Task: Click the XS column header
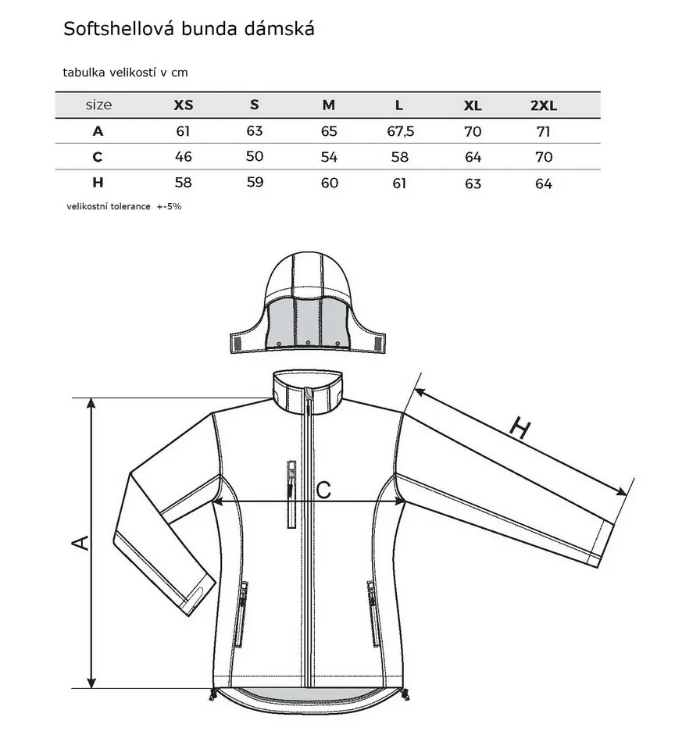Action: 183,105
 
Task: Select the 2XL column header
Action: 543,105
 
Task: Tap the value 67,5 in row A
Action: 401,131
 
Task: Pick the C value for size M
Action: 329,157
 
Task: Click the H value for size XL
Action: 473,183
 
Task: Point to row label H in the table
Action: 98,182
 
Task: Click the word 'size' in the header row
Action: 99,105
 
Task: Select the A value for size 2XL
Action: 543,131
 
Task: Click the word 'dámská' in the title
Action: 279,29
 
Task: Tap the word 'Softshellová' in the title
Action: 120,29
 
